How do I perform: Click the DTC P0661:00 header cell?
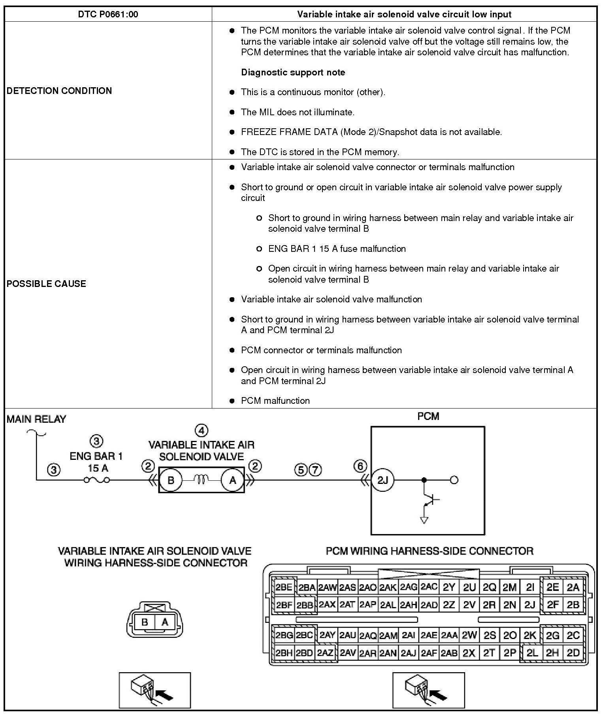click(x=108, y=15)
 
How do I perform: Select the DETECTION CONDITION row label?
click(x=59, y=91)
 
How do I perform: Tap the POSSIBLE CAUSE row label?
click(x=46, y=284)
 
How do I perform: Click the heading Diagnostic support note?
click(x=293, y=72)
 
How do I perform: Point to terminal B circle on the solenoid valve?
click(x=171, y=480)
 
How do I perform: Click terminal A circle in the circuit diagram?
click(x=233, y=480)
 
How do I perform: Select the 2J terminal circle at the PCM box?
click(x=383, y=480)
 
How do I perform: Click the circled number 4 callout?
click(x=202, y=430)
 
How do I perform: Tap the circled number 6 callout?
click(x=360, y=466)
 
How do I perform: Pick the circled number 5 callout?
click(x=301, y=470)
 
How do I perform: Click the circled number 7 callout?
click(x=315, y=470)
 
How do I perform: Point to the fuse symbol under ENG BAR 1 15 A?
click(x=96, y=480)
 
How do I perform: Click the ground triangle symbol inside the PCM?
click(x=424, y=520)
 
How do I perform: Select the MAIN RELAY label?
click(x=36, y=419)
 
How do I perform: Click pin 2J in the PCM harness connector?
click(x=530, y=604)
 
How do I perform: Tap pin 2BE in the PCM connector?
click(x=284, y=587)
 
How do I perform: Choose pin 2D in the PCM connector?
click(x=573, y=652)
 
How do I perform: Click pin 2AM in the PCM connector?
click(x=388, y=635)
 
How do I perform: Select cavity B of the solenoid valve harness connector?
click(x=145, y=622)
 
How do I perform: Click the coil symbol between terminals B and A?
click(x=202, y=480)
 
